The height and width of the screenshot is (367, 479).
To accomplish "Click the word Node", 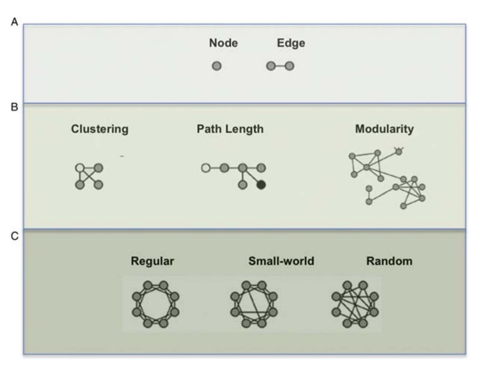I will click(223, 43).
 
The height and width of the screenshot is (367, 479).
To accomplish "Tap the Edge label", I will click(291, 43).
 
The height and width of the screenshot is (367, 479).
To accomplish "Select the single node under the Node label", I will click(217, 66).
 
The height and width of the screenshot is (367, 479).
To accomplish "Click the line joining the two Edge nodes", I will click(280, 66).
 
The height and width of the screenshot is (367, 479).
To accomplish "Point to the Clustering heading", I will click(99, 129).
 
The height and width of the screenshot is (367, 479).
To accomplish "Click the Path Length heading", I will click(230, 129).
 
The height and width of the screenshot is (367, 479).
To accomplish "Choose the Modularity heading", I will click(384, 129).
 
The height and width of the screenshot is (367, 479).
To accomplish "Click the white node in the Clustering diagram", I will click(80, 168).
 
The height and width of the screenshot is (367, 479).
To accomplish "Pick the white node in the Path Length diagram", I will click(206, 168).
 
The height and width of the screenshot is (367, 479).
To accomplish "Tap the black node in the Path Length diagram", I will click(261, 185).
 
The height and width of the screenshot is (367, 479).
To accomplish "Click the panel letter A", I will click(14, 22).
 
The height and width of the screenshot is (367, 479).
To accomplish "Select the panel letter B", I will click(14, 107).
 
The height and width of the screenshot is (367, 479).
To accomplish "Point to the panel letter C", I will click(14, 236).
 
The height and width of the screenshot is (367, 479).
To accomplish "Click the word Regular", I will click(152, 261).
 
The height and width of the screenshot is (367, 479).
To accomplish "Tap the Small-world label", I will click(281, 261).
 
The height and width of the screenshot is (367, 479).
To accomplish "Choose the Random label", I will click(389, 261).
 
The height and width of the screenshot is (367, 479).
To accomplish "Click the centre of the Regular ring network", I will click(155, 304).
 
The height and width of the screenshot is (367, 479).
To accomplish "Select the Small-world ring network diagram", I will click(254, 304).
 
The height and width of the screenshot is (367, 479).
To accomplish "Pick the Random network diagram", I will click(355, 304).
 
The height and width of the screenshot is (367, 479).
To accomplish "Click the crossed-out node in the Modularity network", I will click(399, 151).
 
